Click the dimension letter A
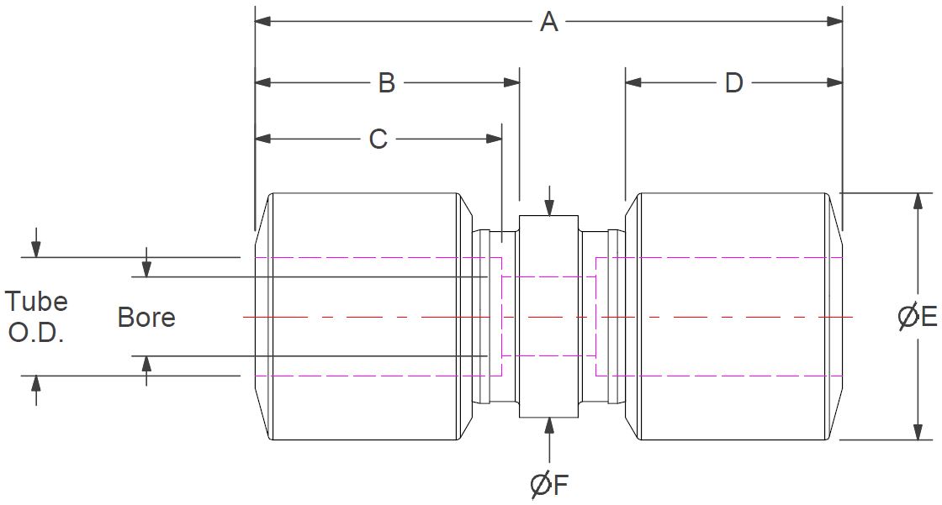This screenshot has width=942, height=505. [x=548, y=22]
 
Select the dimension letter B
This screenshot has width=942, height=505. [x=386, y=82]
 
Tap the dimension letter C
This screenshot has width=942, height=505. [x=378, y=139]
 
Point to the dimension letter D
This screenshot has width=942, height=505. [x=733, y=82]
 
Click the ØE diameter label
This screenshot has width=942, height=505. [x=918, y=317]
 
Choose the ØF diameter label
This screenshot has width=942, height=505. [x=550, y=485]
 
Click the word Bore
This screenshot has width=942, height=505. [x=146, y=318]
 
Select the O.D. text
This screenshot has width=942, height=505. [x=36, y=332]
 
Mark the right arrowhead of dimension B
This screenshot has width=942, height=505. [x=511, y=82]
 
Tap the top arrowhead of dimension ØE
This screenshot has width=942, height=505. [x=918, y=200]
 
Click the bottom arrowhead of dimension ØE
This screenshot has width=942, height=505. [x=918, y=432]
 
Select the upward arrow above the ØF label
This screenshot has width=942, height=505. [x=549, y=425]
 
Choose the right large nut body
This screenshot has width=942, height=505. [x=732, y=317]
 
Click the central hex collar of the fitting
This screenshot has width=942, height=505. [x=549, y=317]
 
